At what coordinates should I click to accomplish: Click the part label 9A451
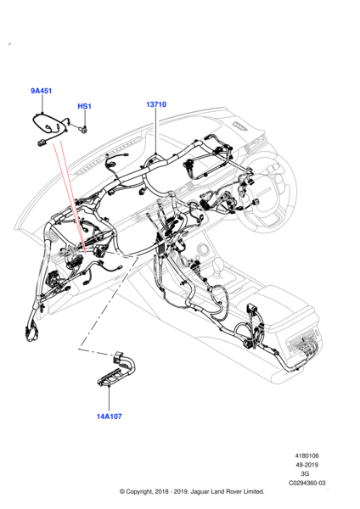(42, 91)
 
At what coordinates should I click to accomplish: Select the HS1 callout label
(84, 106)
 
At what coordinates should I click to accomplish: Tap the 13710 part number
(156, 104)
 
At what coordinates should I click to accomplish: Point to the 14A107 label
(110, 417)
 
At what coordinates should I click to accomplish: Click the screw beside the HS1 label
(83, 130)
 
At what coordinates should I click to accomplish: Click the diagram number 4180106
(307, 456)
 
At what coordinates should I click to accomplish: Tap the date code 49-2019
(307, 465)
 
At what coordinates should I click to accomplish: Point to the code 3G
(305, 474)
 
